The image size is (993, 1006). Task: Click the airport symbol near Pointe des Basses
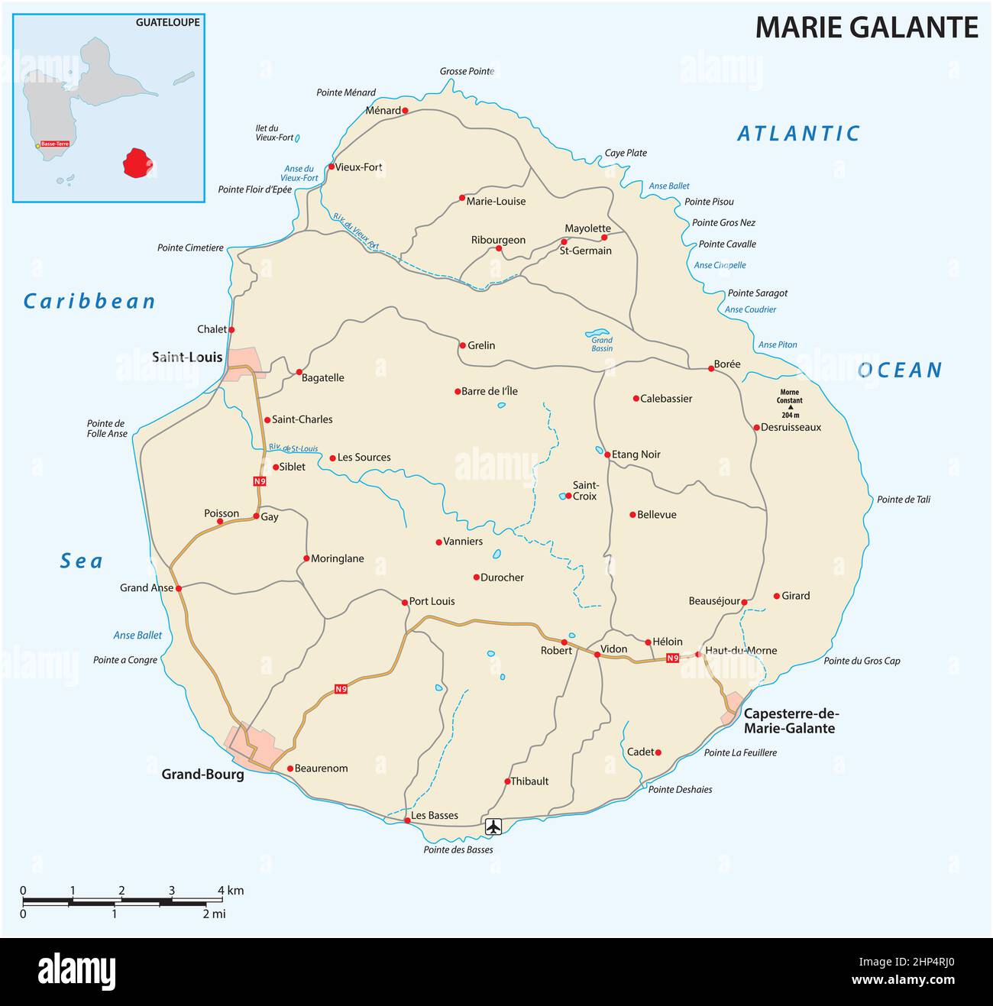coord(493,826)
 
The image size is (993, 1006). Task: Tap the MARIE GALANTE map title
coord(866,27)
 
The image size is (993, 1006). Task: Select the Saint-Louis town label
coord(187,357)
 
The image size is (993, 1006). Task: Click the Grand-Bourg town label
coord(202,774)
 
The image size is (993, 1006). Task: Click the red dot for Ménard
coord(405,110)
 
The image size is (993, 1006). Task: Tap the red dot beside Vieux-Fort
coord(332,167)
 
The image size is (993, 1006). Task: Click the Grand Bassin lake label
coord(602,344)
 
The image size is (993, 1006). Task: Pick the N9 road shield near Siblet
coord(260,481)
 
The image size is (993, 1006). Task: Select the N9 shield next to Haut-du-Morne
coord(672,658)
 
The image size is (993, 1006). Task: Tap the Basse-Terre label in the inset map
coord(54,144)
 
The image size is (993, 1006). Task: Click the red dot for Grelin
coord(461,345)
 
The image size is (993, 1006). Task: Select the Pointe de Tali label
coord(904,500)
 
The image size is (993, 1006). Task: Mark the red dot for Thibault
coord(507,781)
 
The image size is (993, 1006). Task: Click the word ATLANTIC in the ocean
coord(798,134)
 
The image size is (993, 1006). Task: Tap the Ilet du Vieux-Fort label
coord(274,133)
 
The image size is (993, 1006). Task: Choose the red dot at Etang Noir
coord(607,454)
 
